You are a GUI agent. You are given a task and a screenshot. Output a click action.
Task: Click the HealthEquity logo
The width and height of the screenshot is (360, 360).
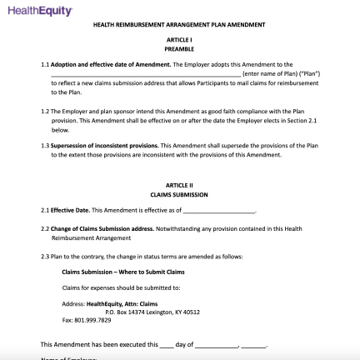coord(39,11)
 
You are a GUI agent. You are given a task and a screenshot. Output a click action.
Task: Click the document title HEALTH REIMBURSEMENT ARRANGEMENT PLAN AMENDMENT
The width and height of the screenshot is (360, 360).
coord(179,25)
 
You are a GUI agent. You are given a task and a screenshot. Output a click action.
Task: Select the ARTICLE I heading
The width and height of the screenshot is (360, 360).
coord(179,40)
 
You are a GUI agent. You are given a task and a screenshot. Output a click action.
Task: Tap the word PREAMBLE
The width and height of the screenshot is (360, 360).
coord(179,49)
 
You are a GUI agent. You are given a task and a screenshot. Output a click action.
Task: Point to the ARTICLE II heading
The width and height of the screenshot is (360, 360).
coord(179,185)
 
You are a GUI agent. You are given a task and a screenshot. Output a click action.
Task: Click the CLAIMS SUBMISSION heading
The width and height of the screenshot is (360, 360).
coord(179,194)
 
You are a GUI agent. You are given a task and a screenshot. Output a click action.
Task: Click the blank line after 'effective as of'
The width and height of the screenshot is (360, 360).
coord(218,212)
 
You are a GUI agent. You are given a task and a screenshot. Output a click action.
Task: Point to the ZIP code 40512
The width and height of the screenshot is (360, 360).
coord(192,312)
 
